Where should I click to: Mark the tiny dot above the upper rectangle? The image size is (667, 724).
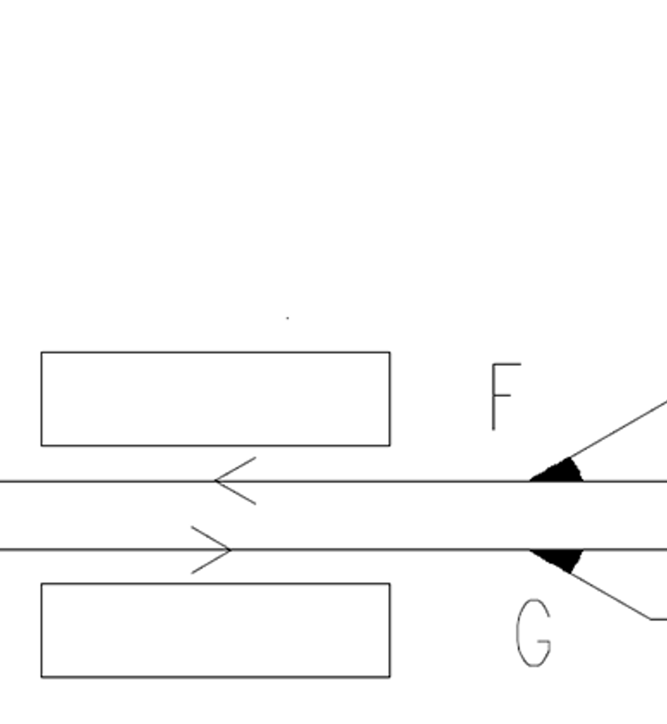pyautogui.click(x=287, y=318)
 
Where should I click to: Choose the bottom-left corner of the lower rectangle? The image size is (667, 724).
pyautogui.click(x=41, y=677)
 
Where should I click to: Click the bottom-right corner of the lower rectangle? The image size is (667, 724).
pyautogui.click(x=390, y=677)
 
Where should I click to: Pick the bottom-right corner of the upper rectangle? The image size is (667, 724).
pyautogui.click(x=390, y=445)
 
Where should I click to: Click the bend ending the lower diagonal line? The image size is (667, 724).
pyautogui.click(x=651, y=619)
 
